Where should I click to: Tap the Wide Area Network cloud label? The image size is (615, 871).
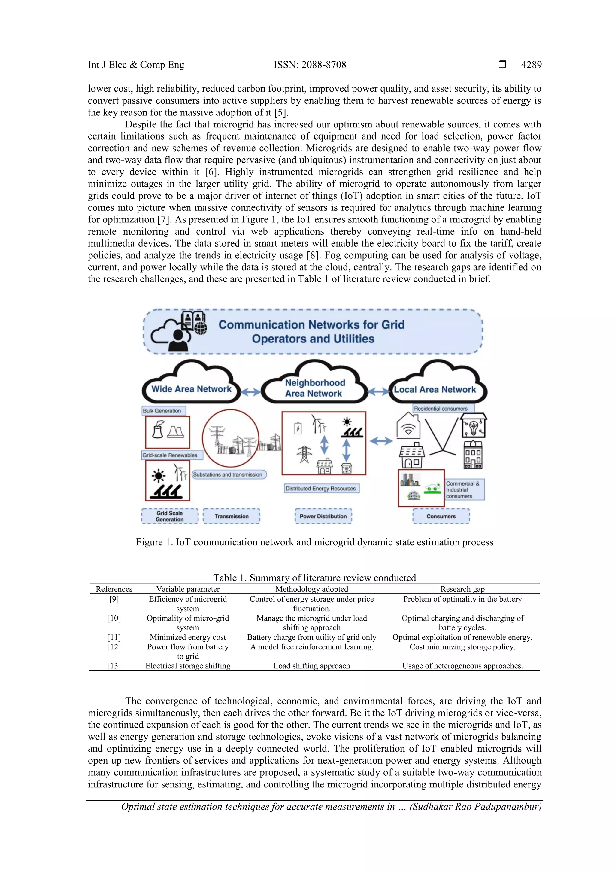pyautogui.click(x=191, y=389)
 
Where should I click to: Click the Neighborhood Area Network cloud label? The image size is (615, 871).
pyautogui.click(x=314, y=388)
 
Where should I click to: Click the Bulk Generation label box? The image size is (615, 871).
pyautogui.click(x=162, y=411)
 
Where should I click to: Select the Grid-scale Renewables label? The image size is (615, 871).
pyautogui.click(x=170, y=455)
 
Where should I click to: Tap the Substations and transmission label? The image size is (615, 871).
pyautogui.click(x=228, y=474)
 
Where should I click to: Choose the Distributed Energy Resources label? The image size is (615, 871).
pyautogui.click(x=321, y=489)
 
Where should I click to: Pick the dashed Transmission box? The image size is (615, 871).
pyautogui.click(x=232, y=516)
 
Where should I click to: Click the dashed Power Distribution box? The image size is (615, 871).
pyautogui.click(x=323, y=516)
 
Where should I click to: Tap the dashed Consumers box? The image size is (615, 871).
pyautogui.click(x=441, y=516)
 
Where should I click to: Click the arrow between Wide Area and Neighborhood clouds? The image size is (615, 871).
pyautogui.click(x=250, y=392)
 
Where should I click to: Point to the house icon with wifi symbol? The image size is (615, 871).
pyautogui.click(x=408, y=427)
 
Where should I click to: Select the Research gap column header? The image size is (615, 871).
pyautogui.click(x=462, y=589)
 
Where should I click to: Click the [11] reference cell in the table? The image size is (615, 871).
pyautogui.click(x=114, y=637)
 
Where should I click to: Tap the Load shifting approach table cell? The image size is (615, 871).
pyautogui.click(x=311, y=666)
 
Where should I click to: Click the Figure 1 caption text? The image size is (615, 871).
pyautogui.click(x=314, y=542)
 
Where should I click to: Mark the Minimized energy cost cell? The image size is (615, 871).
pyautogui.click(x=188, y=637)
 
